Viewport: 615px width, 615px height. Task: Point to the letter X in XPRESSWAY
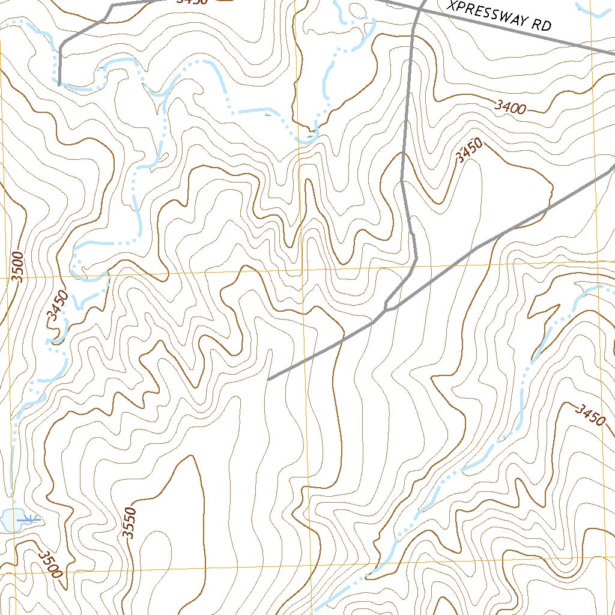click(x=452, y=6)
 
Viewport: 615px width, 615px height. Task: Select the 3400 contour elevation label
click(x=510, y=108)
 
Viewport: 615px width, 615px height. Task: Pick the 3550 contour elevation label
click(x=129, y=523)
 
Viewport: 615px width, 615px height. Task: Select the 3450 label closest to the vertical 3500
click(x=58, y=307)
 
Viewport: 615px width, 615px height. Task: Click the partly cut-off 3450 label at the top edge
click(x=192, y=2)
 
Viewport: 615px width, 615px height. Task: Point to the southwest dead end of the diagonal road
click(x=268, y=380)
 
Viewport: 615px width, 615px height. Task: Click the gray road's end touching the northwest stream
click(x=59, y=85)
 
